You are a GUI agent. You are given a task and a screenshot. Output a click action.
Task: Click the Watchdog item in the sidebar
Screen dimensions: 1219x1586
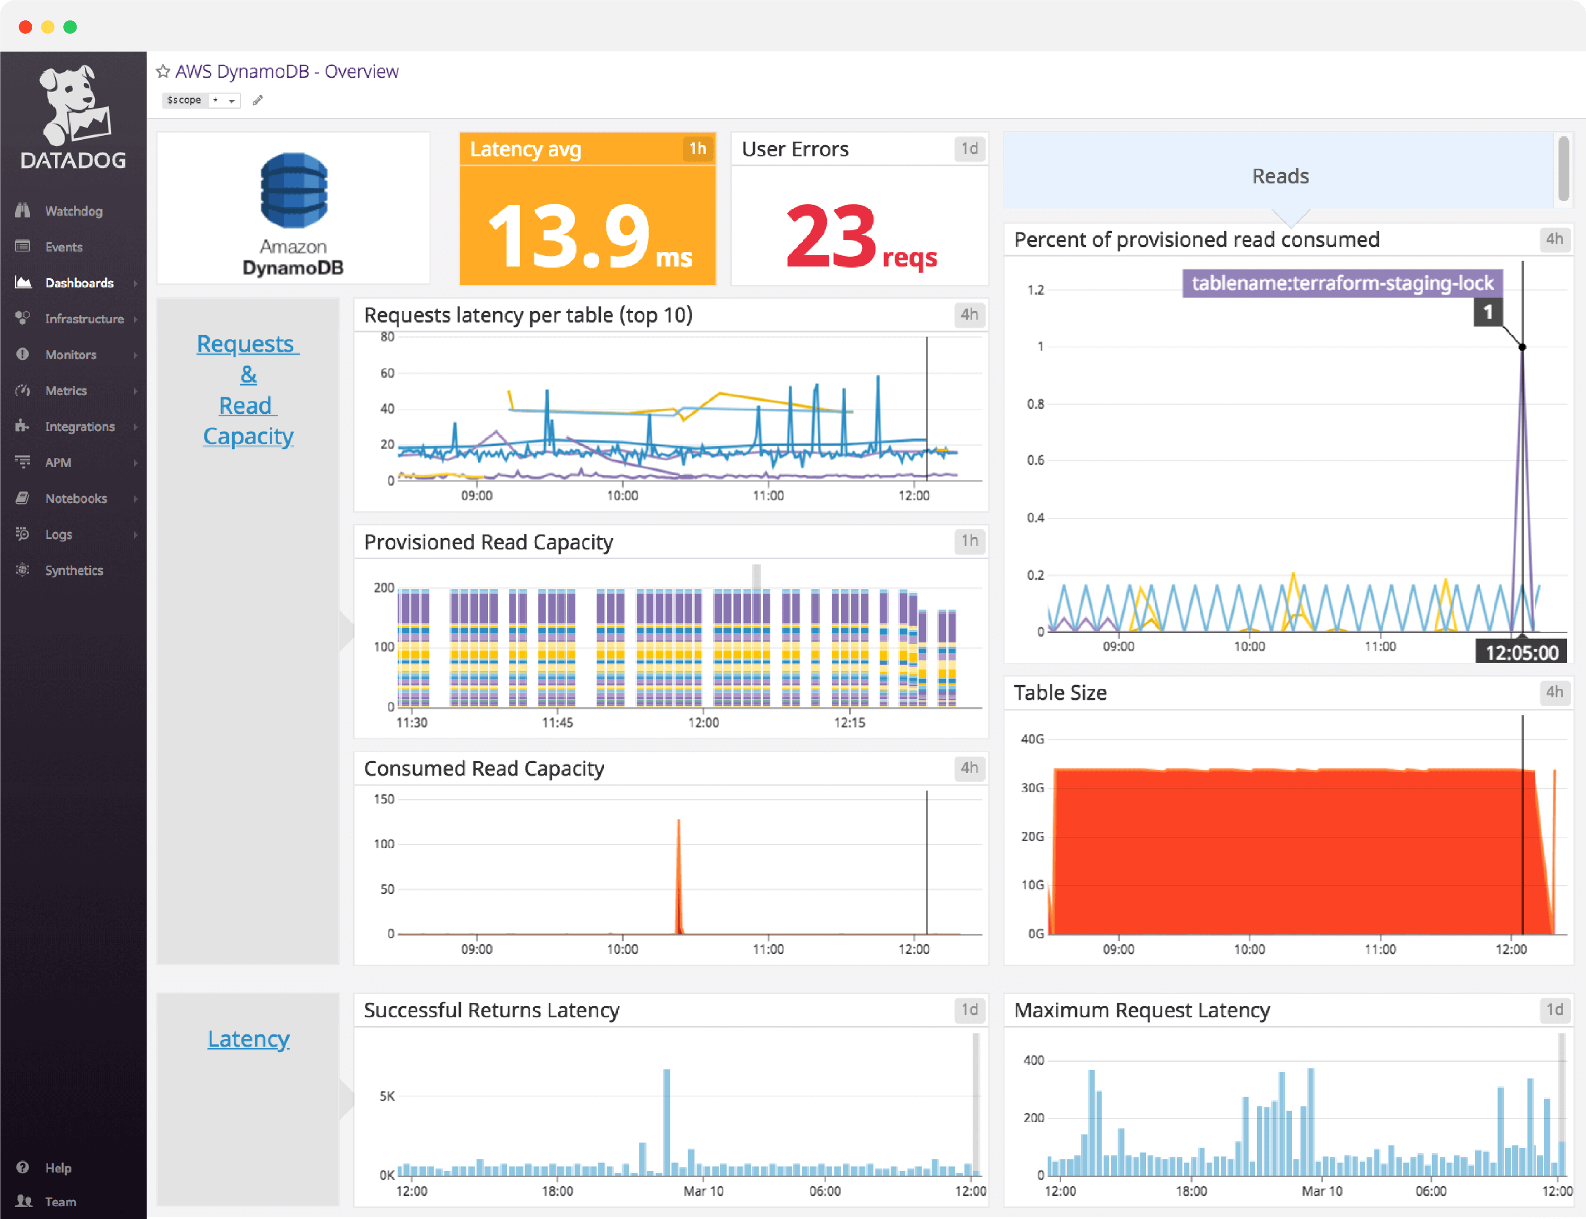tap(73, 211)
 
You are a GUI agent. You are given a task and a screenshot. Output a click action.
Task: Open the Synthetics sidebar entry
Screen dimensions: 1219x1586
tap(73, 570)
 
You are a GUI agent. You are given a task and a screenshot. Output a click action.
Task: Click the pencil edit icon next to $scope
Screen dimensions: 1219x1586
tap(257, 100)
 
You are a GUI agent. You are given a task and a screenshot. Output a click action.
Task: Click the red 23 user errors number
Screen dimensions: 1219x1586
tap(832, 237)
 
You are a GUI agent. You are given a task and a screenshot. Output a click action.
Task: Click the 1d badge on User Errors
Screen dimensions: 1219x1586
tap(969, 149)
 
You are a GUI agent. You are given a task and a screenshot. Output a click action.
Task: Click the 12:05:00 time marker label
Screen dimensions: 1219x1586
tap(1521, 652)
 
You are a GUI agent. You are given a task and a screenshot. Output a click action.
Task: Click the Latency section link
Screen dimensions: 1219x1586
tap(248, 1039)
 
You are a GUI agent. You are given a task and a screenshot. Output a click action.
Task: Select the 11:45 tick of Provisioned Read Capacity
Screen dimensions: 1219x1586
tap(557, 723)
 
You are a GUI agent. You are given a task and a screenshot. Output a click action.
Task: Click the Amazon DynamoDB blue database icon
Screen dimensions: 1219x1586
tap(294, 190)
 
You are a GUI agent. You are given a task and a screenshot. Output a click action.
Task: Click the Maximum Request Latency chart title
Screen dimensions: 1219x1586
tap(1141, 1010)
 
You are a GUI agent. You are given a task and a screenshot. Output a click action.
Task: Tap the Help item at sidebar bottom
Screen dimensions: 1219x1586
tap(58, 1167)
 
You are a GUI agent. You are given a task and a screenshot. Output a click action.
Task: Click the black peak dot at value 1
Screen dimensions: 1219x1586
tap(1522, 347)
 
